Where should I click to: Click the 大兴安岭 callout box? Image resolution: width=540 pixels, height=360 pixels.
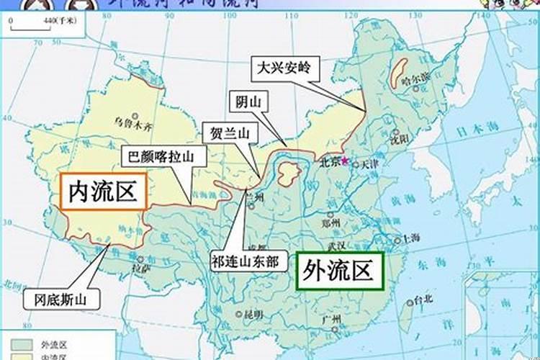(x=284, y=70)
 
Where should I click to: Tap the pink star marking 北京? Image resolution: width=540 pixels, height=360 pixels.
(x=344, y=159)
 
